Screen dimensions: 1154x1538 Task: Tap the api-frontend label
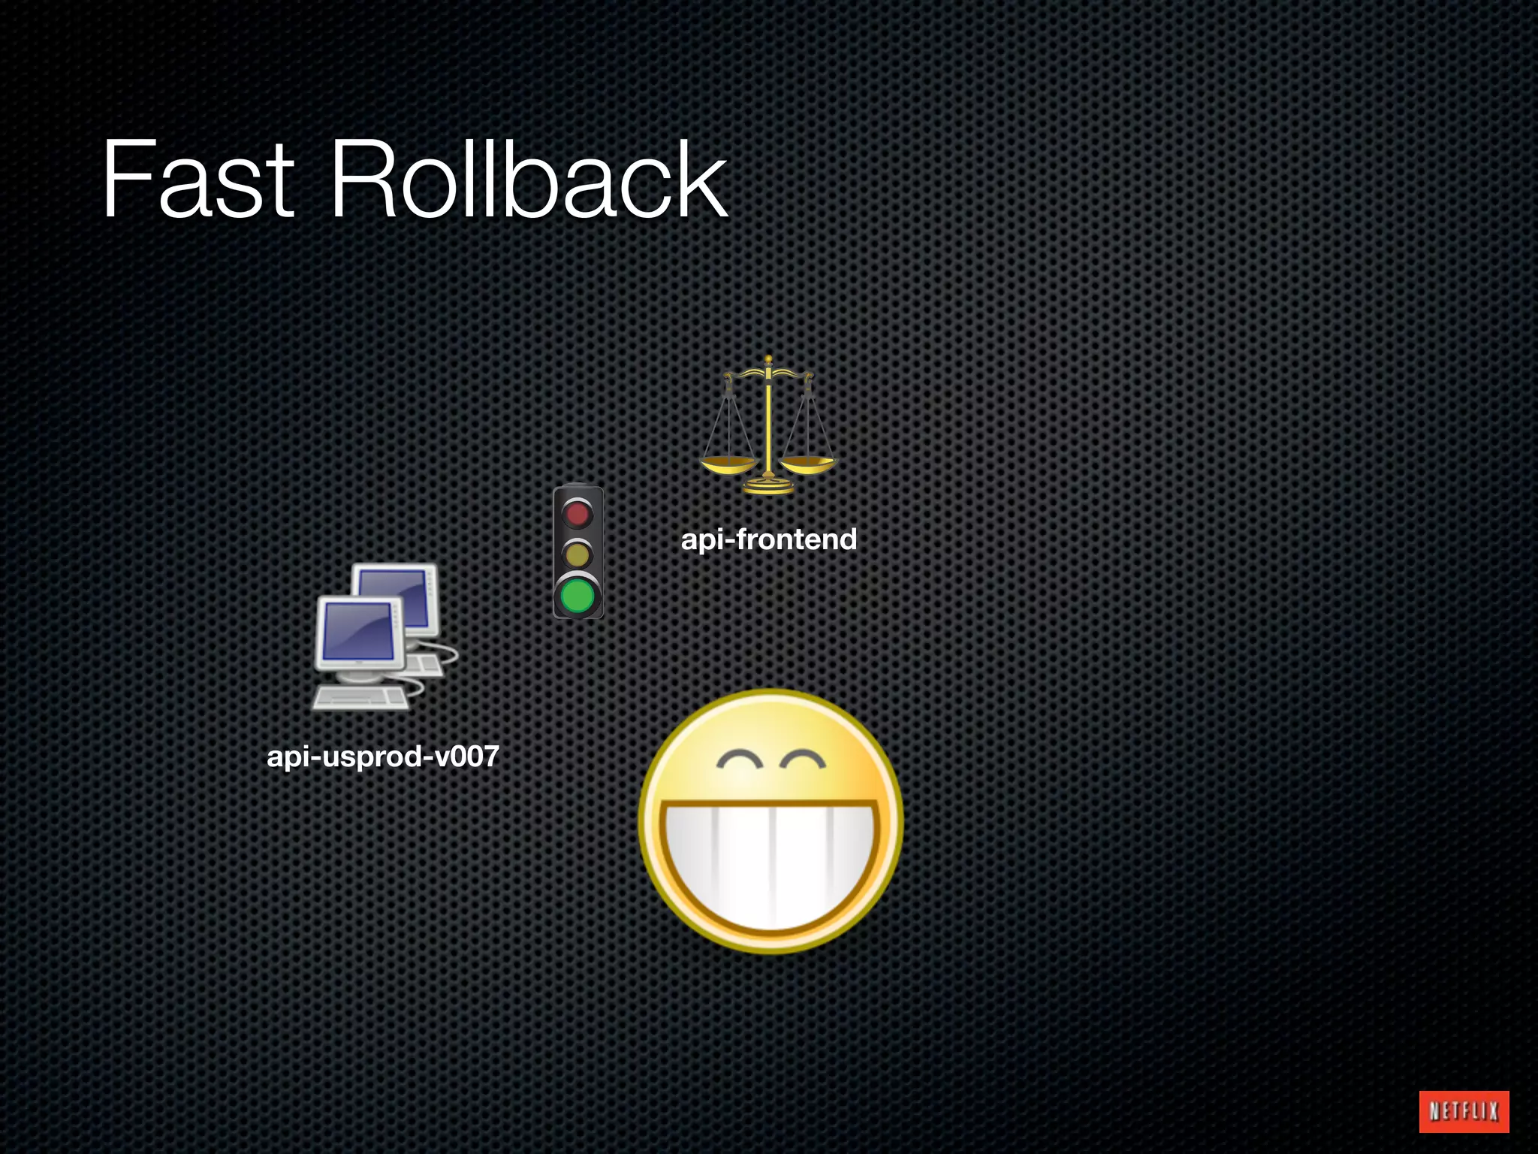coord(768,539)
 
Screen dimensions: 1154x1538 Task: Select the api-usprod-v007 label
coord(383,756)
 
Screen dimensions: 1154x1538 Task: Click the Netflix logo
coord(1463,1110)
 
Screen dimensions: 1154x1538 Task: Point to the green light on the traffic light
coord(578,597)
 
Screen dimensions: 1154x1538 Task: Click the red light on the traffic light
coord(578,514)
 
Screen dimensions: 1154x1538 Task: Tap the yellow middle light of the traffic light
coord(578,555)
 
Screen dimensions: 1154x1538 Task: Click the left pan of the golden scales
coord(728,464)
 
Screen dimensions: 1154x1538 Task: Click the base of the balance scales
coord(768,488)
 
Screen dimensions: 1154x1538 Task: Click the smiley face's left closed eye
coord(740,760)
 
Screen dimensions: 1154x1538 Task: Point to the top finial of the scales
coord(768,360)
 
